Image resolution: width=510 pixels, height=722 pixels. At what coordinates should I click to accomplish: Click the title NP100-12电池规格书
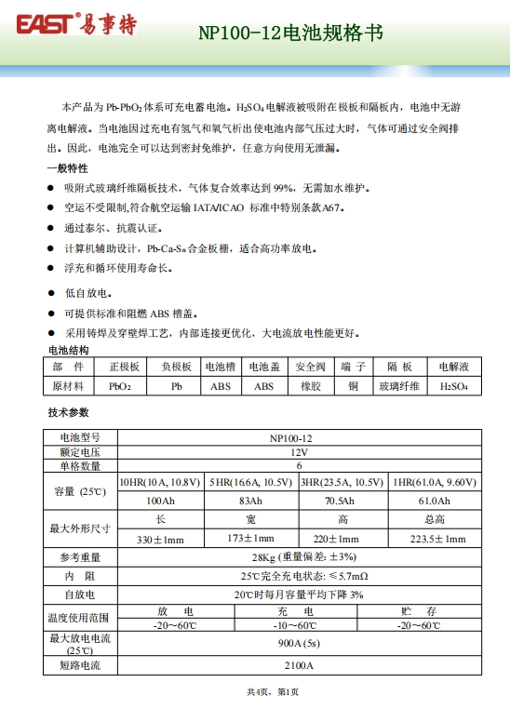pyautogui.click(x=290, y=33)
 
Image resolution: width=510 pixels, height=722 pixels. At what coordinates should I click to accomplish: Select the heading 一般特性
pyautogui.click(x=67, y=168)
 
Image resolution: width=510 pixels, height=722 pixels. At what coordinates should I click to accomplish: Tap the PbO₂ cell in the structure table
pyautogui.click(x=120, y=385)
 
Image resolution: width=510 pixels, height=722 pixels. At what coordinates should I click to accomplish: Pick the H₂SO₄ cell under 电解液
pyautogui.click(x=454, y=385)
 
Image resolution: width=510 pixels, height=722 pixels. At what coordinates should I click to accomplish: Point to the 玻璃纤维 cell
pyautogui.click(x=399, y=385)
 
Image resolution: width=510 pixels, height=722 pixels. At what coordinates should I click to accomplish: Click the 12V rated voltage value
pyautogui.click(x=298, y=451)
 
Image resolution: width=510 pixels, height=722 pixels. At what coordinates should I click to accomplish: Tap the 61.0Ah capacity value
pyautogui.click(x=434, y=501)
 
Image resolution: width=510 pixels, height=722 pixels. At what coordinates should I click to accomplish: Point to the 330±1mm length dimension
pyautogui.click(x=160, y=540)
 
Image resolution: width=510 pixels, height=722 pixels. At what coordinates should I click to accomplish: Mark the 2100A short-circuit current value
pyautogui.click(x=298, y=666)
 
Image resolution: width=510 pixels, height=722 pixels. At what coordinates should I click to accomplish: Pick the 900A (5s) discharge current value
pyautogui.click(x=298, y=644)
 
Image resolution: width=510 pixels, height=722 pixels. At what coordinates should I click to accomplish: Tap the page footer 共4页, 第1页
pyautogui.click(x=272, y=692)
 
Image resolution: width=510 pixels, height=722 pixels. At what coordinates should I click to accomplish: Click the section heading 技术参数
pyautogui.click(x=67, y=411)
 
